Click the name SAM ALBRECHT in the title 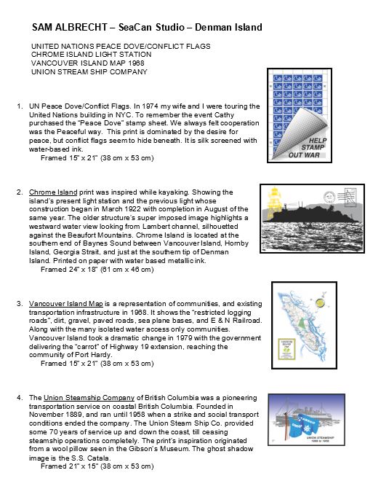70,27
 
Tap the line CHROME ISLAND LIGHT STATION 91,55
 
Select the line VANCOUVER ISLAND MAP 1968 87,63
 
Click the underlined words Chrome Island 53,192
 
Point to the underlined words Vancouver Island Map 65,304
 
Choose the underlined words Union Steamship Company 89,397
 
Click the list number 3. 19,304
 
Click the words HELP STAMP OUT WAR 308,148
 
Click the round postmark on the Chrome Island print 329,197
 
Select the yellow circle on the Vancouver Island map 320,302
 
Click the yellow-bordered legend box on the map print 287,349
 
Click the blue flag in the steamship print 301,424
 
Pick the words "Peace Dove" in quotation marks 105,123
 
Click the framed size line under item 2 97,270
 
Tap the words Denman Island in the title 228,27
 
